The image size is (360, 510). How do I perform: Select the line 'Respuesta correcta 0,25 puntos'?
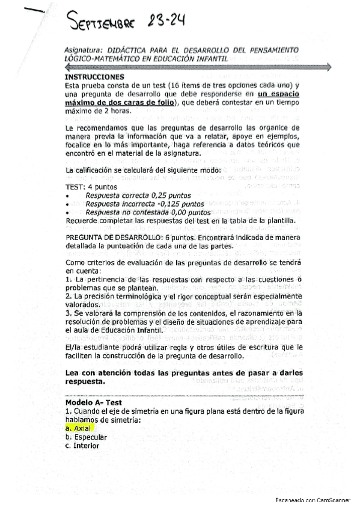(x=138, y=196)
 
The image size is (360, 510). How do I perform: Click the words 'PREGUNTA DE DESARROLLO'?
(x=115, y=238)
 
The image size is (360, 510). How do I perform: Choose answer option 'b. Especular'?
(x=86, y=437)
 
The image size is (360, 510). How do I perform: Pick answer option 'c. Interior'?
(x=82, y=446)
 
